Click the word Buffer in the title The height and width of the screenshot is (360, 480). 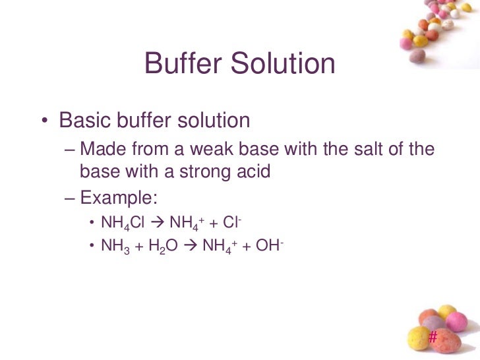tap(180, 64)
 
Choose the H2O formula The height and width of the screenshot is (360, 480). tap(164, 247)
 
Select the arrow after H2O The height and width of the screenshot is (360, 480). tap(190, 247)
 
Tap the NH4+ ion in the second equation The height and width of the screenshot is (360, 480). tap(220, 247)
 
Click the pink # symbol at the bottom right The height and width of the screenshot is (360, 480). tap(433, 337)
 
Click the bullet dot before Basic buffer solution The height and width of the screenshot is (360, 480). tap(44, 122)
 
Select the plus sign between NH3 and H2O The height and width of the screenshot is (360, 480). tap(139, 247)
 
